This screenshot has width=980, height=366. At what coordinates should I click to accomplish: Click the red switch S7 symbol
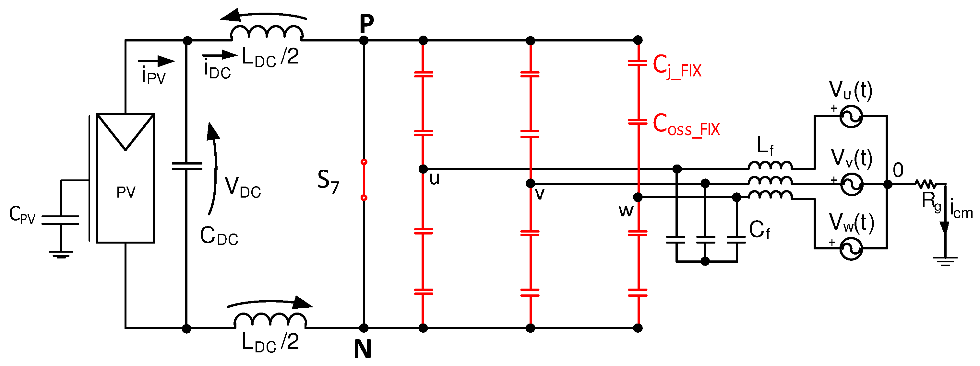point(364,180)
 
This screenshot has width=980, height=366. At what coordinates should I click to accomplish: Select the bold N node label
point(362,349)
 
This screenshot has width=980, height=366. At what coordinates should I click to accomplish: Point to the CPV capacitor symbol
point(60,220)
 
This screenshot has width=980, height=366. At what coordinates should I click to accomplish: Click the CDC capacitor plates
point(187,166)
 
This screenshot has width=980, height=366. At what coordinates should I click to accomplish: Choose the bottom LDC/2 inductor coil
point(270,320)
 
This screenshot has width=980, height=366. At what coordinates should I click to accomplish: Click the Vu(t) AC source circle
point(851,116)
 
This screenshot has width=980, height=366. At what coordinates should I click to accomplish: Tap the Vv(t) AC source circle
point(851,184)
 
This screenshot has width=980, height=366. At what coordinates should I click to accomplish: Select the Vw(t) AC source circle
point(851,249)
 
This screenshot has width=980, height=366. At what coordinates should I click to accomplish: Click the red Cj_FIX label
point(677,66)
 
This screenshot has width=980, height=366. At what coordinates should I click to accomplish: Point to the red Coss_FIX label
point(686,125)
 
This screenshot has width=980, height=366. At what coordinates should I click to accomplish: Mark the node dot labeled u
point(423,169)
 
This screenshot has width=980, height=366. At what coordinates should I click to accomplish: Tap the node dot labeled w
point(638,197)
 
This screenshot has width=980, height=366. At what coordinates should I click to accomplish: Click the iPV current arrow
point(156,61)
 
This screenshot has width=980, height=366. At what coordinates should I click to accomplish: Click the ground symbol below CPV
point(61,254)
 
